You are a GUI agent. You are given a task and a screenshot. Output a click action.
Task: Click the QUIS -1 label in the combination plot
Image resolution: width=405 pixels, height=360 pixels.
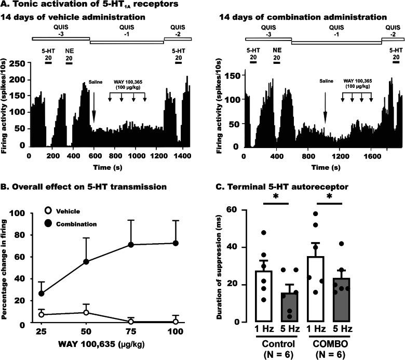coord(335,32)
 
